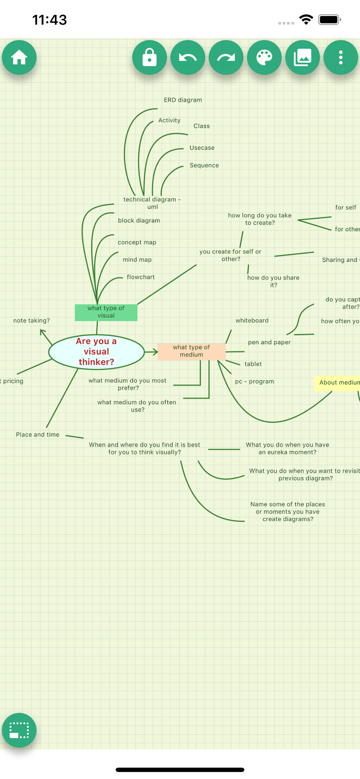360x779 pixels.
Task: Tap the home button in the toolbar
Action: click(19, 58)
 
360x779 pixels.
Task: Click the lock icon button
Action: click(149, 58)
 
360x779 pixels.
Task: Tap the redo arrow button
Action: click(226, 58)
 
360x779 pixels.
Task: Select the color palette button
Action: click(264, 58)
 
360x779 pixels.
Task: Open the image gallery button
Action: click(302, 58)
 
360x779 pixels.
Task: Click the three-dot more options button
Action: click(341, 58)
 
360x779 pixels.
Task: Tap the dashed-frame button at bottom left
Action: click(19, 730)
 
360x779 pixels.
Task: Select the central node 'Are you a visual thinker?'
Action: click(96, 351)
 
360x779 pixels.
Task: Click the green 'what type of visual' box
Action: click(106, 312)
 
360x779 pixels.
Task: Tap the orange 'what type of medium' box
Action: click(191, 351)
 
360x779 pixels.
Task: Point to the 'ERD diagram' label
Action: click(183, 100)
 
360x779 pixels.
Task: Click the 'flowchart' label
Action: click(141, 277)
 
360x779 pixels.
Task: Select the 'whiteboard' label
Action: click(252, 321)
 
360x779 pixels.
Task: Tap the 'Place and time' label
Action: click(38, 435)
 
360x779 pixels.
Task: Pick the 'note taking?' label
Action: click(32, 321)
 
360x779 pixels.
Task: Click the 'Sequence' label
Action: click(204, 165)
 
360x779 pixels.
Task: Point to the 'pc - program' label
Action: click(254, 381)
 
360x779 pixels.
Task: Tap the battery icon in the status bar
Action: click(329, 19)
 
